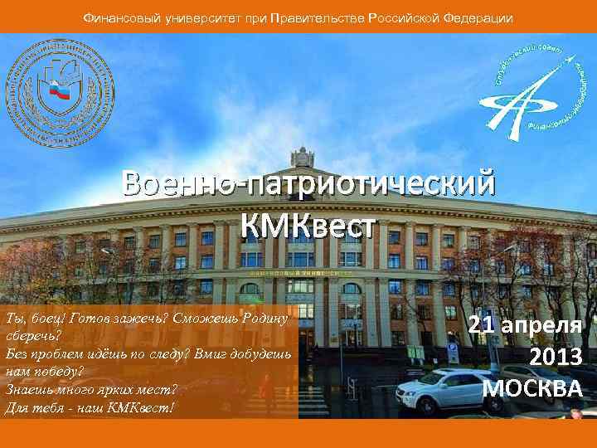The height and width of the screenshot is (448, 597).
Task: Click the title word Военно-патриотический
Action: (x=308, y=183)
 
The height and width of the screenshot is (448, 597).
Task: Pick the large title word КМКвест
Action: (x=308, y=225)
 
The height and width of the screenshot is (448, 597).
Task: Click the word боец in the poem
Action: (x=44, y=319)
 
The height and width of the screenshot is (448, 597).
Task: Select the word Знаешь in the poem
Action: (x=27, y=387)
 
